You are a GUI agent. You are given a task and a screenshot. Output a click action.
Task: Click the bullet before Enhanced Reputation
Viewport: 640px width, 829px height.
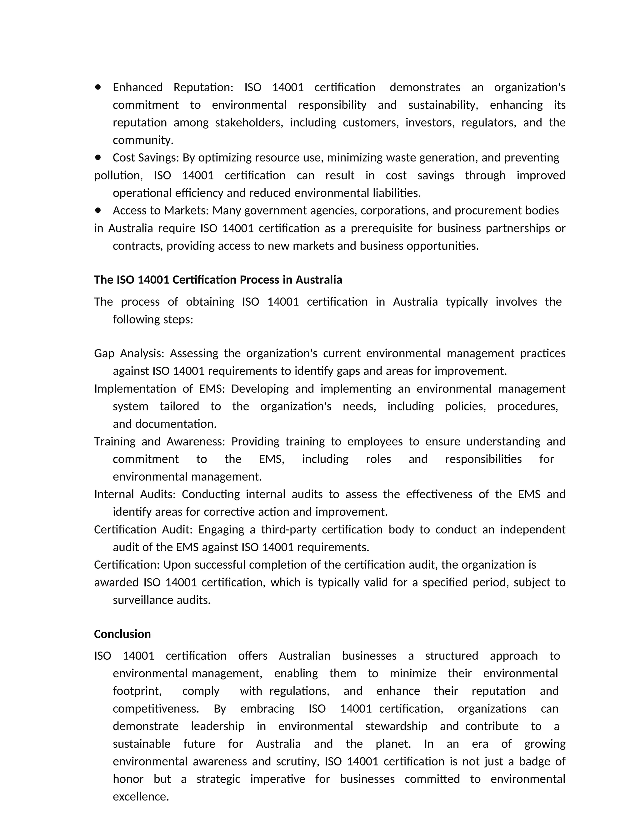coord(98,87)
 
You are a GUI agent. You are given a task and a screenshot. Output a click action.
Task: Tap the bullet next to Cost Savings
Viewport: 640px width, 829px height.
coord(98,157)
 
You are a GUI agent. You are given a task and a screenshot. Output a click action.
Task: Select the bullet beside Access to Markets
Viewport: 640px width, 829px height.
coord(98,210)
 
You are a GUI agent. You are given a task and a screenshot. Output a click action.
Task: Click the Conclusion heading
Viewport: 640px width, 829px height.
coord(122,634)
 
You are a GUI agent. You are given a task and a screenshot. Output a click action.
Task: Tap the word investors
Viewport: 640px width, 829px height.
coord(430,123)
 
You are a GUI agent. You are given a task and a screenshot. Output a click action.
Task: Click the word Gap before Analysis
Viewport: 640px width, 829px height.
coord(104,353)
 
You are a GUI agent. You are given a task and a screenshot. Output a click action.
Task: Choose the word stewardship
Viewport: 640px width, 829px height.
coord(396,726)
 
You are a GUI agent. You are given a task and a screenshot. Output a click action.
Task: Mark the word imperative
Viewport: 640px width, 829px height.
coord(277,779)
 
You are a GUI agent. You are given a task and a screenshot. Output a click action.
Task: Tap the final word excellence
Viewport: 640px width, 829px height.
coord(140,796)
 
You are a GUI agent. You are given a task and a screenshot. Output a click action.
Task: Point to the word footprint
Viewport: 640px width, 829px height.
coord(137,691)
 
